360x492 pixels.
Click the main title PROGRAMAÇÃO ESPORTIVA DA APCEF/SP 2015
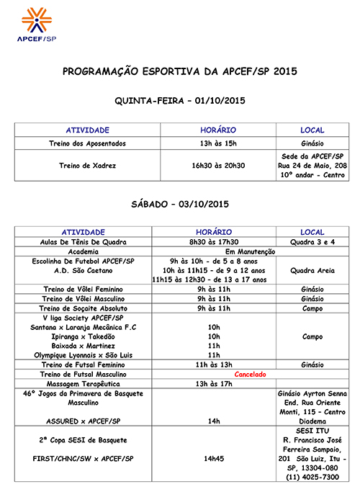coord(180,72)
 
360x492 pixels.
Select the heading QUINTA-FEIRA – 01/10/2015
coord(180,100)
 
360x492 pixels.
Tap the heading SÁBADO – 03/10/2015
coord(180,205)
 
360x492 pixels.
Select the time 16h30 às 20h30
coord(218,165)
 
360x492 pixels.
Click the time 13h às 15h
coord(218,143)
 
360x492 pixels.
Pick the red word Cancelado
coord(251,375)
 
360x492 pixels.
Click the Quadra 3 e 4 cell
coord(312,242)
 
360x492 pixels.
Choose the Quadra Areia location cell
coord(312,270)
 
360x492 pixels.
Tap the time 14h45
coord(214,457)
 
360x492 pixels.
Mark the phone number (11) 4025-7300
coord(312,477)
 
